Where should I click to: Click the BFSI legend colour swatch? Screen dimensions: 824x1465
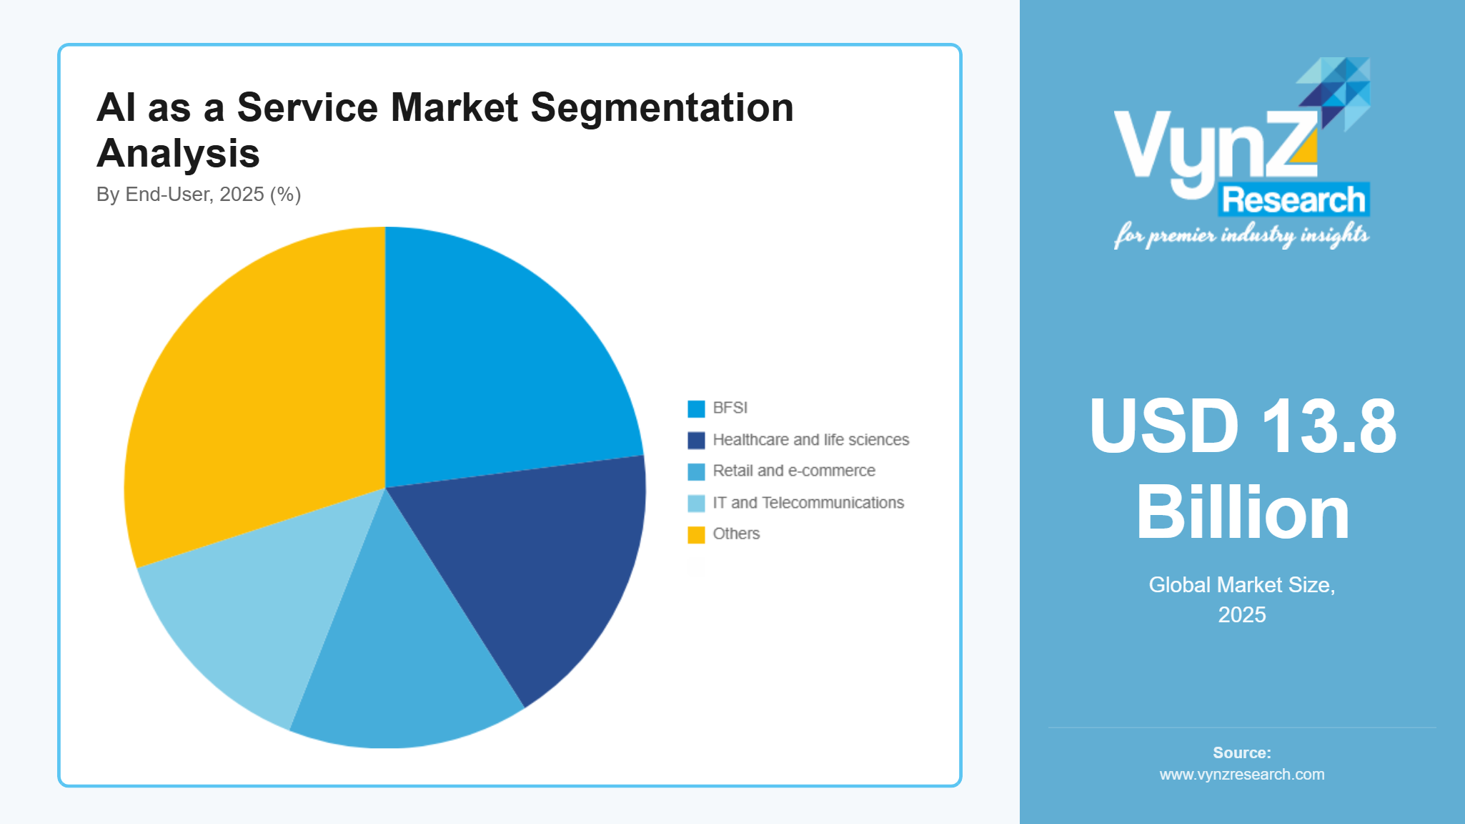click(696, 408)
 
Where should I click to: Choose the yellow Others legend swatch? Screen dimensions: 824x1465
click(696, 534)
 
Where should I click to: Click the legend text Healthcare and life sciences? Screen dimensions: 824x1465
click(810, 440)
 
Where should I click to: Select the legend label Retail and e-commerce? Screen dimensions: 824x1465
click(793, 471)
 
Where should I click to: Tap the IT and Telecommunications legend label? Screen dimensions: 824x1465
click(808, 503)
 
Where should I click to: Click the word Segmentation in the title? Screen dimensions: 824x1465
click(662, 107)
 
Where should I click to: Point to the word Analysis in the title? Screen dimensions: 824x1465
click(178, 153)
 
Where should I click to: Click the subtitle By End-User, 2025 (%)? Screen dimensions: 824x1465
click(199, 195)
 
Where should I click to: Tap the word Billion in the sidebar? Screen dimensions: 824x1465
click(1242, 512)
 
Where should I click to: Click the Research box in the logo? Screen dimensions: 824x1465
click(1293, 200)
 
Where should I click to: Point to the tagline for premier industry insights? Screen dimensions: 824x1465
click(1241, 235)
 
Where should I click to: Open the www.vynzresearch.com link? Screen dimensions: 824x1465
click(1241, 774)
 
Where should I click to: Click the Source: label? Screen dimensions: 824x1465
click(1241, 752)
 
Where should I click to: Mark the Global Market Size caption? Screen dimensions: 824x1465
click(1241, 585)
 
